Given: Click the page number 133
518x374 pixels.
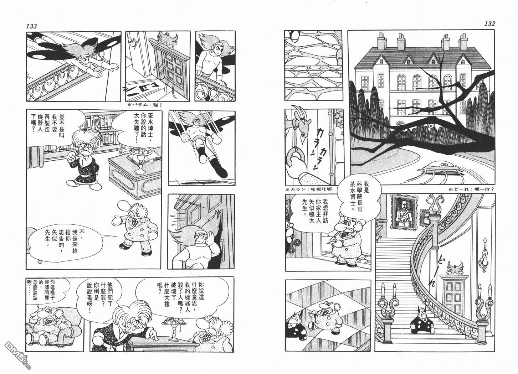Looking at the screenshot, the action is (x=32, y=26).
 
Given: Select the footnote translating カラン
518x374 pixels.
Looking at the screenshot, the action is (x=308, y=189).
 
